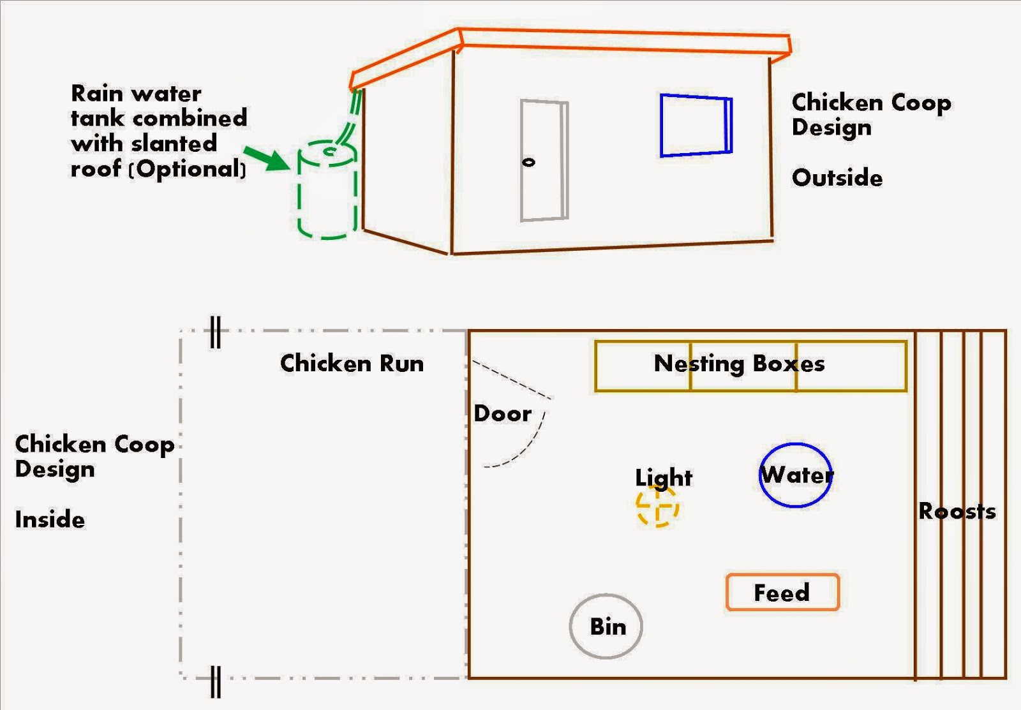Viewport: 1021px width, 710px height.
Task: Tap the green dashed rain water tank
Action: pyautogui.click(x=327, y=191)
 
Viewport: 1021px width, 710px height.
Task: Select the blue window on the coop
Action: pyautogui.click(x=696, y=126)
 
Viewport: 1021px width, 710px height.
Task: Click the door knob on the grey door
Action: pyautogui.click(x=528, y=162)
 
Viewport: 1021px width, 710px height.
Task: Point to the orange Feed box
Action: pyautogui.click(x=782, y=593)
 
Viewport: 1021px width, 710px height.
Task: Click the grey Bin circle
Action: pyautogui.click(x=606, y=626)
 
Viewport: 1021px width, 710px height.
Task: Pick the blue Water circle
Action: pyautogui.click(x=796, y=475)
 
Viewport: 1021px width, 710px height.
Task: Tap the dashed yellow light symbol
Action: pyautogui.click(x=657, y=507)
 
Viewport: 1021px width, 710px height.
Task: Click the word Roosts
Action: pyautogui.click(x=957, y=511)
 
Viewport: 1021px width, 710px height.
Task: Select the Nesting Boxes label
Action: pyautogui.click(x=739, y=364)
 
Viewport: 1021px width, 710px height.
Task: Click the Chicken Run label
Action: pyautogui.click(x=352, y=364)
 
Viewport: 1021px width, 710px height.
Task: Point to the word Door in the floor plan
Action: pyautogui.click(x=502, y=413)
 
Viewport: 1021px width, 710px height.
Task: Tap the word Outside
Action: pyautogui.click(x=837, y=178)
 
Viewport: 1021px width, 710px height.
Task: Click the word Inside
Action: pyautogui.click(x=50, y=519)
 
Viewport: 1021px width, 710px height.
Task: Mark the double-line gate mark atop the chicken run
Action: pyautogui.click(x=216, y=332)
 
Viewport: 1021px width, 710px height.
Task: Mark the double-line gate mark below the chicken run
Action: pyautogui.click(x=216, y=681)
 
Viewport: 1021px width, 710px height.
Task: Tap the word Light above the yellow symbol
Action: pyautogui.click(x=664, y=477)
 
